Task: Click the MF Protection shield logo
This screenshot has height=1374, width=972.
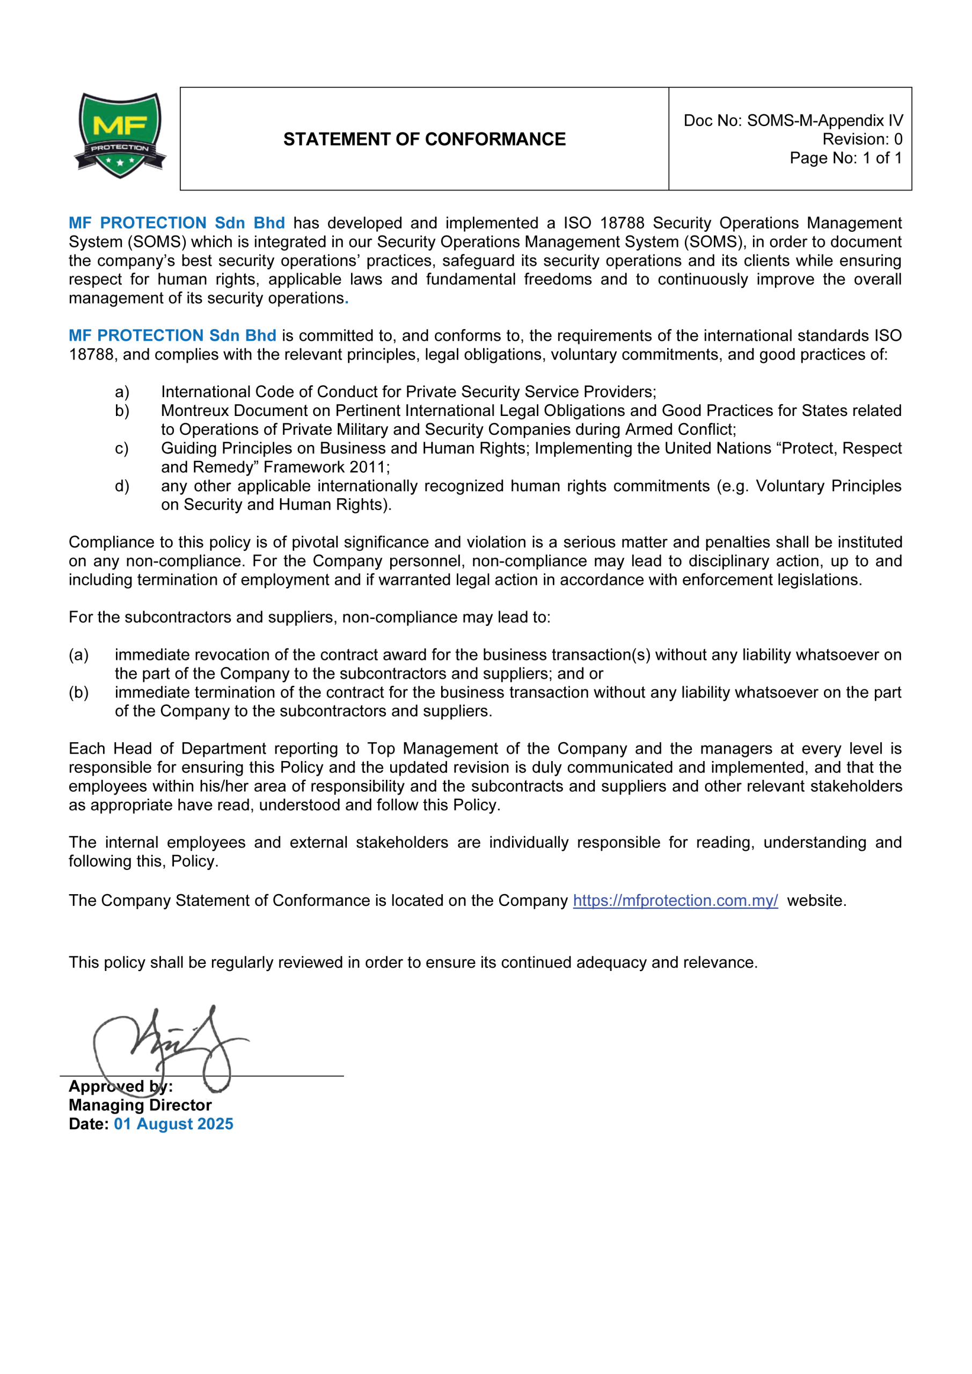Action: point(120,135)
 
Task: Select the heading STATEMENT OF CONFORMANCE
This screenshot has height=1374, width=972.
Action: point(425,140)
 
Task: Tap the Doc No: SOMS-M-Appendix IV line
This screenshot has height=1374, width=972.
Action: point(793,121)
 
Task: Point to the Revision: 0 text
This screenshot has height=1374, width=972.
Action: point(862,140)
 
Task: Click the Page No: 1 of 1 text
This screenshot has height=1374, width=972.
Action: point(845,158)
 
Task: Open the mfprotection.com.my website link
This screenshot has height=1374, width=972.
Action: point(675,901)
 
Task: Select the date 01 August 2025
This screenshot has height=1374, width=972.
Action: point(173,1124)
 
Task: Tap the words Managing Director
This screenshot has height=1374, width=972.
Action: point(140,1105)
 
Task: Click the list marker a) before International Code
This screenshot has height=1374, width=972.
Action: point(121,392)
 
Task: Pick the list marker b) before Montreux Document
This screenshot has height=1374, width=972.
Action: point(121,411)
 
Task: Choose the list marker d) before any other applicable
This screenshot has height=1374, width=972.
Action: point(121,486)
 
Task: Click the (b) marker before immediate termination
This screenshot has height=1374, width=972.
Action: point(78,692)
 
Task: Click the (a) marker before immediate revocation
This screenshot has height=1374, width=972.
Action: point(78,655)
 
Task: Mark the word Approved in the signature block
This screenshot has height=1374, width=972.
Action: point(106,1087)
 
